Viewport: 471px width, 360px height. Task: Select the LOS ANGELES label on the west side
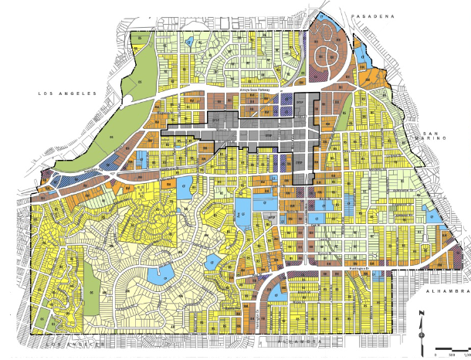point(68,93)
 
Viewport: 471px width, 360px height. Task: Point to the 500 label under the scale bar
point(448,355)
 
